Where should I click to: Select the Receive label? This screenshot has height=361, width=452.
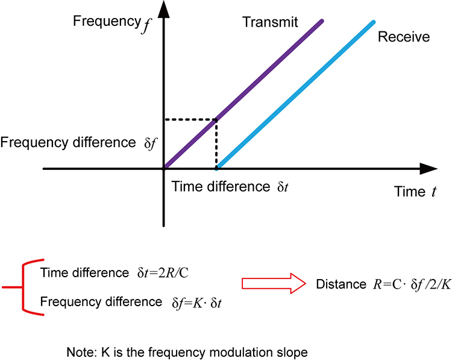tap(403, 37)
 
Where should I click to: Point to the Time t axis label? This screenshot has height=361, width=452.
tap(415, 192)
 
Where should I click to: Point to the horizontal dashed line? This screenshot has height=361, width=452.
tap(190, 119)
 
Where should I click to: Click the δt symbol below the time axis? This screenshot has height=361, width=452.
tap(282, 186)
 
